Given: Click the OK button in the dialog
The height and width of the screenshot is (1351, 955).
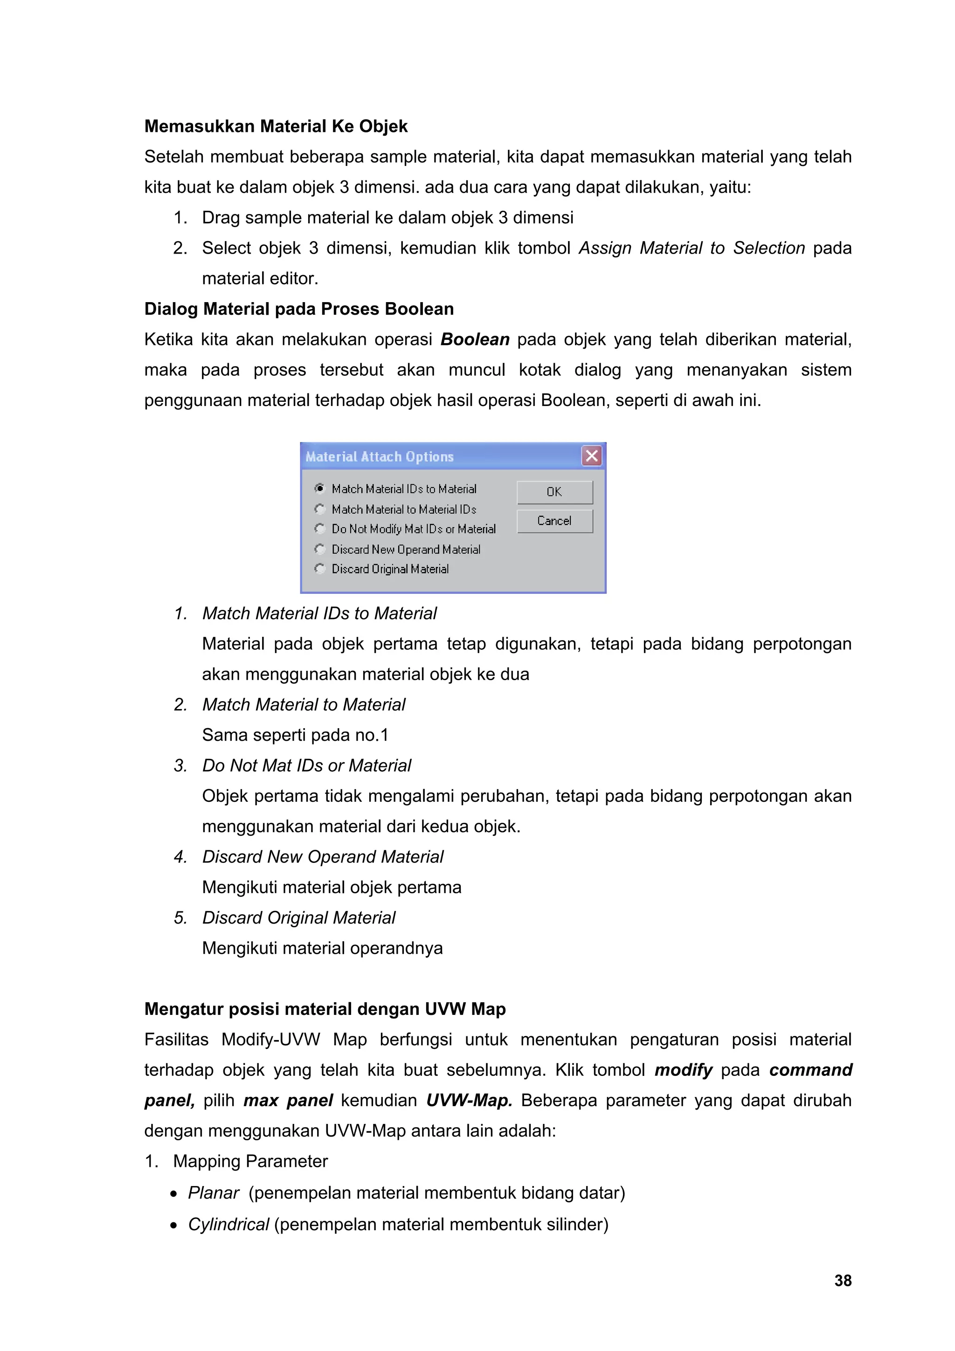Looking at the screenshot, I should point(554,492).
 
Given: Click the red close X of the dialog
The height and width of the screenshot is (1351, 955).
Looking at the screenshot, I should point(592,455).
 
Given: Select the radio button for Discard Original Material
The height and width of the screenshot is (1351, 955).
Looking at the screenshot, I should point(319,568).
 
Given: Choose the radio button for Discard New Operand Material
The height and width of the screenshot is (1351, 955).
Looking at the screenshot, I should point(319,549).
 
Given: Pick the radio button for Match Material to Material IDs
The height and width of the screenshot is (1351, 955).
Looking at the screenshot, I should point(319,509).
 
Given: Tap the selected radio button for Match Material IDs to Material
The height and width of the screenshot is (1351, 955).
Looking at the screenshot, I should point(319,489).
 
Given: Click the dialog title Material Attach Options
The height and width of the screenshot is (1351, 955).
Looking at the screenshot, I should point(380,456).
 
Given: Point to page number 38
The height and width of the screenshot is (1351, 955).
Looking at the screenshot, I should point(843,1281).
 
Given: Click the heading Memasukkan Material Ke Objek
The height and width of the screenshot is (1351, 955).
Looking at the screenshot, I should point(276,126).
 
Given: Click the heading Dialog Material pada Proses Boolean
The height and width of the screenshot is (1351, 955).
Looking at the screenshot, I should point(299,309).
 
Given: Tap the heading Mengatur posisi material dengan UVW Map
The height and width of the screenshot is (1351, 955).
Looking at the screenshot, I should point(325,1009).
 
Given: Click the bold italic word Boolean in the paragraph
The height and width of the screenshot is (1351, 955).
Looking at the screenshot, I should point(475,339).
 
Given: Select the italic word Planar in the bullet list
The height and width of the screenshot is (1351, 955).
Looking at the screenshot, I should point(213,1192).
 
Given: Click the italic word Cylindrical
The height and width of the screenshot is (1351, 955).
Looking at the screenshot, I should point(228,1225).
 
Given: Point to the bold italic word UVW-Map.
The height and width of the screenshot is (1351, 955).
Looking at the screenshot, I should point(469,1100).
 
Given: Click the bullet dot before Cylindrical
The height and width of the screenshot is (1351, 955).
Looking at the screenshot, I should point(173,1226).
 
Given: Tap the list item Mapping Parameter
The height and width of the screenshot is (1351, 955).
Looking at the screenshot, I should point(250,1162).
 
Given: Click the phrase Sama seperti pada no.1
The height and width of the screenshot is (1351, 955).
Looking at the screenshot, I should point(295,735).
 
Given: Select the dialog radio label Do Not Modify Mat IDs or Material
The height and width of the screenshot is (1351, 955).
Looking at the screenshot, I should point(413,529).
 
